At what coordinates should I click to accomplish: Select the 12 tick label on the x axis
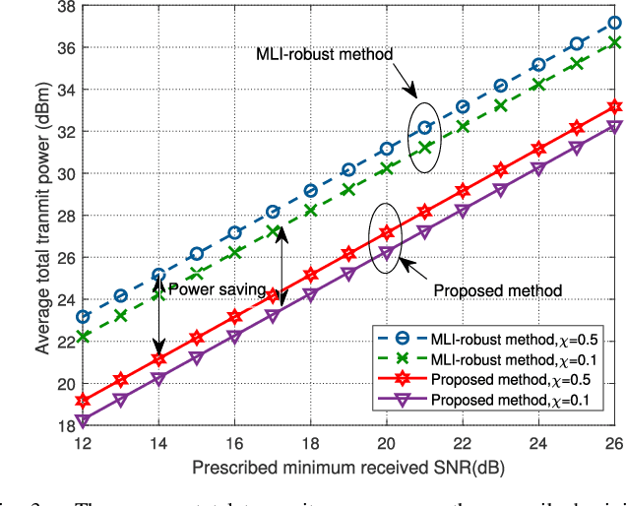point(83,444)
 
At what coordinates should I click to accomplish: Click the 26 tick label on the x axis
point(613,444)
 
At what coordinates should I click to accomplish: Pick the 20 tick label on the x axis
point(386,444)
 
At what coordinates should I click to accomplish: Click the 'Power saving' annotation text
point(218,290)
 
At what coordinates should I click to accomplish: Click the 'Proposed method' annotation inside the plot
point(497,290)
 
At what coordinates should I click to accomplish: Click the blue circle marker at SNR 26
point(613,23)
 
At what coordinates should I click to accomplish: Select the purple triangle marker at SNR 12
point(83,421)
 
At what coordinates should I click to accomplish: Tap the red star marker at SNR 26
point(613,106)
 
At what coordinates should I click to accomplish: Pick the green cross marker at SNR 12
point(83,337)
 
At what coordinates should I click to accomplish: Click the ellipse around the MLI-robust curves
point(422,137)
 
